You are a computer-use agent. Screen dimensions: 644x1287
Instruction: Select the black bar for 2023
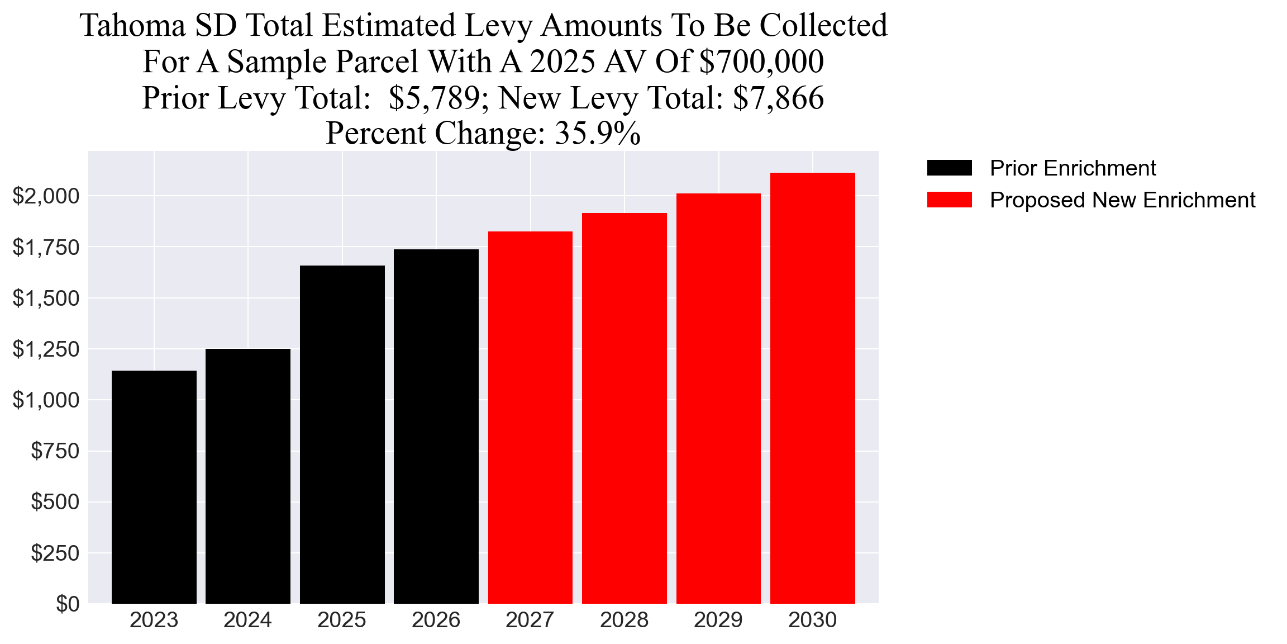click(x=154, y=487)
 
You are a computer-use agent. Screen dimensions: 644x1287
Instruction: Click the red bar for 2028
click(x=624, y=408)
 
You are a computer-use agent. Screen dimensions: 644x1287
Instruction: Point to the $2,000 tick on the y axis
click(x=46, y=196)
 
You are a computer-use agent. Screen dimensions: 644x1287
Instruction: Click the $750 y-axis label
click(x=55, y=451)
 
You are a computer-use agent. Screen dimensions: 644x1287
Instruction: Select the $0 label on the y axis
click(x=67, y=604)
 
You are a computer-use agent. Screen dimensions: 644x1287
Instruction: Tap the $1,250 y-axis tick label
click(x=46, y=349)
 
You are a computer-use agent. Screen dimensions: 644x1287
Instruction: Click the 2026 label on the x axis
click(x=436, y=620)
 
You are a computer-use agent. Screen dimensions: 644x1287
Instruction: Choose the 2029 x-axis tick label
click(x=718, y=620)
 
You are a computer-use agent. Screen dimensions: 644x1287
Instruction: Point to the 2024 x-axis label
click(x=247, y=620)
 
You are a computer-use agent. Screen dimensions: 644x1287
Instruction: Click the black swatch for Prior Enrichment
click(x=949, y=168)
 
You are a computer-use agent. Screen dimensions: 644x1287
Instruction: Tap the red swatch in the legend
click(x=949, y=200)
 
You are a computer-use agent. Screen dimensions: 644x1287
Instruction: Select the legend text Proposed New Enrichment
click(x=1122, y=200)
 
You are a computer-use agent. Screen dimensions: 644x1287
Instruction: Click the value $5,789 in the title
click(x=434, y=98)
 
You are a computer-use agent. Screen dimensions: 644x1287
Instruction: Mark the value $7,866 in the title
click(x=778, y=98)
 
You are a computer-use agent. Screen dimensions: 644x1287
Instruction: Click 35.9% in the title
click(x=597, y=134)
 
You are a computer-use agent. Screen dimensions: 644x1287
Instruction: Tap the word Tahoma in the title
click(x=132, y=26)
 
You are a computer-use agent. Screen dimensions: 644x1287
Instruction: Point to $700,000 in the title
click(x=761, y=61)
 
